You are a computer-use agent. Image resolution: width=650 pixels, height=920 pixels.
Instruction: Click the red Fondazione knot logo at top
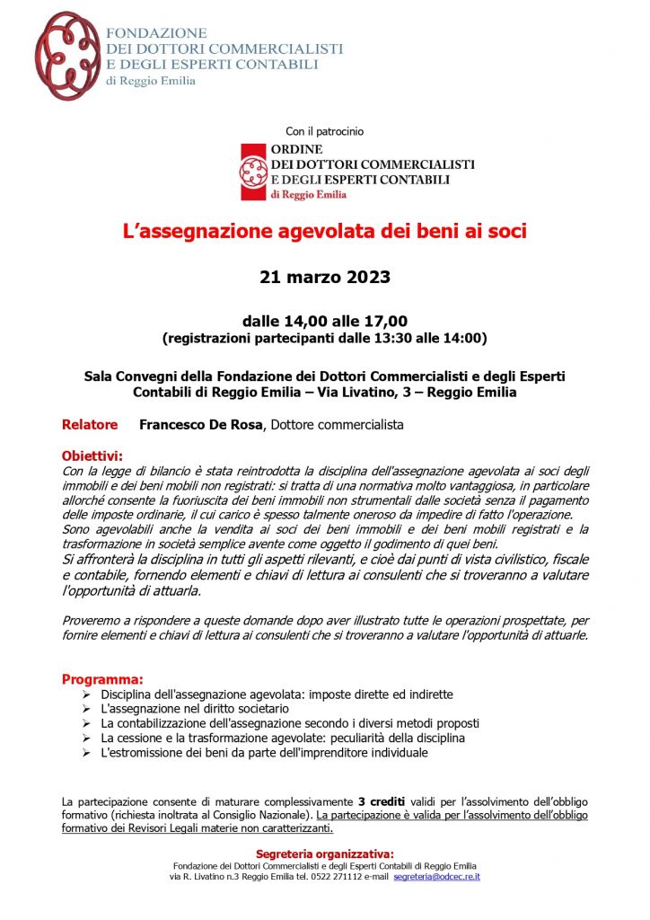pyautogui.click(x=67, y=56)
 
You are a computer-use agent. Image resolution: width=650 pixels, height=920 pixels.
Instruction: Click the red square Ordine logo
pyautogui.click(x=252, y=172)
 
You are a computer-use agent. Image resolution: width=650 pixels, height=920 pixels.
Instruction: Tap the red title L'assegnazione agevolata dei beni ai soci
pyautogui.click(x=324, y=231)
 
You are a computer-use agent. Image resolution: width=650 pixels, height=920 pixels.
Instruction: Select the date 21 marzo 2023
pyautogui.click(x=324, y=277)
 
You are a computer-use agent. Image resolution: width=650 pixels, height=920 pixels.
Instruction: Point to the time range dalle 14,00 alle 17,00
pyautogui.click(x=324, y=321)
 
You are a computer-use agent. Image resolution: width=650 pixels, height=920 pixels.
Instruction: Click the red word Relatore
pyautogui.click(x=90, y=424)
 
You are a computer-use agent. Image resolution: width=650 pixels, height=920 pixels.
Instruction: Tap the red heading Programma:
pyautogui.click(x=101, y=679)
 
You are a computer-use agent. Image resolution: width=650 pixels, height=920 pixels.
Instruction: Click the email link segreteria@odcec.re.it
pyautogui.click(x=436, y=876)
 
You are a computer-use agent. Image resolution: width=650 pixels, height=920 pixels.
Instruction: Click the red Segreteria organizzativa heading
pyautogui.click(x=324, y=854)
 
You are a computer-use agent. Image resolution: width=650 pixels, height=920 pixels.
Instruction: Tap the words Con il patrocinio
pyautogui.click(x=324, y=131)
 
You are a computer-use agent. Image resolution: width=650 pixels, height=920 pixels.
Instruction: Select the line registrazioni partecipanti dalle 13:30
pyautogui.click(x=324, y=339)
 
